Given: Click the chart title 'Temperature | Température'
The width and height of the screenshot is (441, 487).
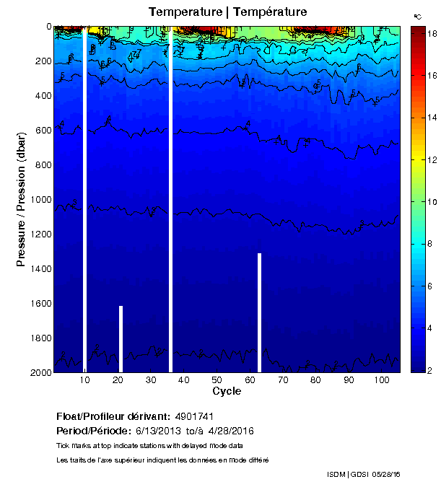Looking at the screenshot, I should (227, 12).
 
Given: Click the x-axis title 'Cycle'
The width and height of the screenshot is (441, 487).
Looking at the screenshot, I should (227, 391).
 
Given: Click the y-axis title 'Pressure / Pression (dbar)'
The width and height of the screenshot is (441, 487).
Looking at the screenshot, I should (22, 199).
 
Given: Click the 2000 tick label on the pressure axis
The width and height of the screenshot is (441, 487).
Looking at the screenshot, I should (40, 372).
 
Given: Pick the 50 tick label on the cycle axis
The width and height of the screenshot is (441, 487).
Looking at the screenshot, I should (217, 380).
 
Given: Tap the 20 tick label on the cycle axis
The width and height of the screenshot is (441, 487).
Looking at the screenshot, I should (118, 380).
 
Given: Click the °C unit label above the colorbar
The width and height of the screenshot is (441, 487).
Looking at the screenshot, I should (417, 16).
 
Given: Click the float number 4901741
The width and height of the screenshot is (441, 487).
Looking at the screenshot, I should (193, 416).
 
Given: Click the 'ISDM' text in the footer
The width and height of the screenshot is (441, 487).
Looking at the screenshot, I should (336, 474).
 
